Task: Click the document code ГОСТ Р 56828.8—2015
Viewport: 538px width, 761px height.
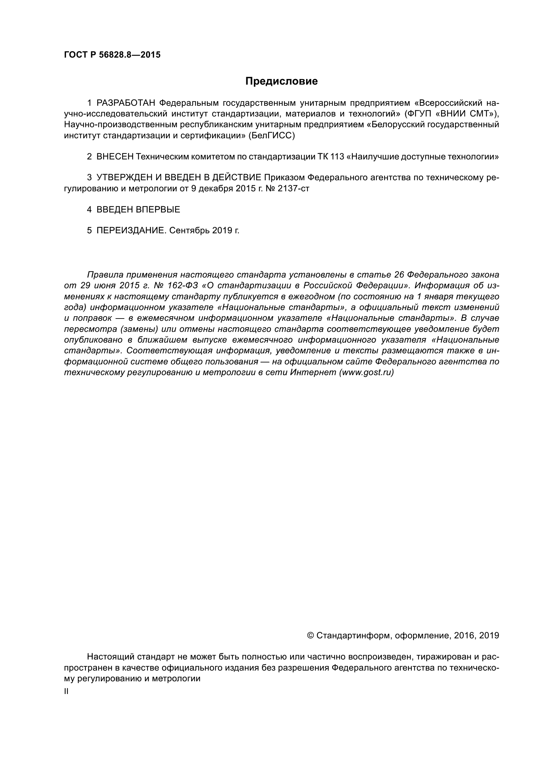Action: point(112,55)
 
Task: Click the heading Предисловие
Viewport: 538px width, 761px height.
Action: point(281,81)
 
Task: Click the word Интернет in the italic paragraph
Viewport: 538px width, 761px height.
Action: point(313,372)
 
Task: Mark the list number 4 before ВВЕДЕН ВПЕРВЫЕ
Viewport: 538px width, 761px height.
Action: point(89,210)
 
